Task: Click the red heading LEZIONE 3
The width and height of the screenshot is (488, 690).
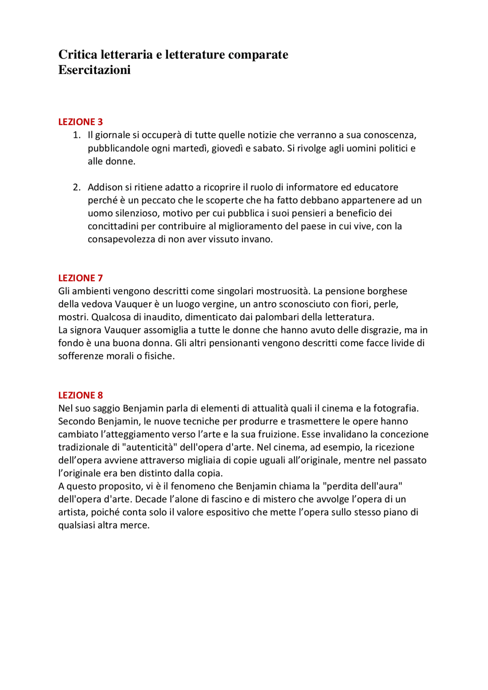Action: click(80, 122)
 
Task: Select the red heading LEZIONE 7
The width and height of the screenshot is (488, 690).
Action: click(80, 278)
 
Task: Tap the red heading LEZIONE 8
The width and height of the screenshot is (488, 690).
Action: click(80, 395)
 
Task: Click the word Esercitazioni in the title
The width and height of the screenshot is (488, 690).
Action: click(94, 70)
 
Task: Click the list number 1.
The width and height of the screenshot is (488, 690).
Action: click(76, 135)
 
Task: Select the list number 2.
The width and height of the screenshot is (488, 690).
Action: click(76, 187)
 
